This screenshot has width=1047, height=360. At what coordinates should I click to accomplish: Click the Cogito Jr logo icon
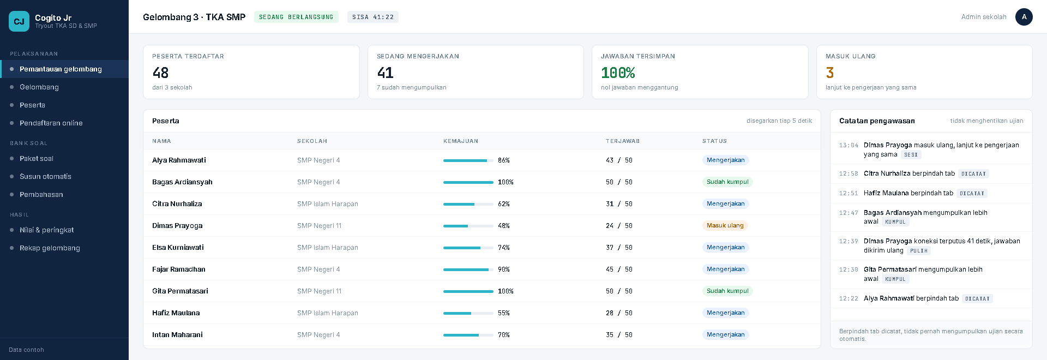19,21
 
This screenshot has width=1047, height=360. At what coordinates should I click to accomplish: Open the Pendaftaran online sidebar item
51,123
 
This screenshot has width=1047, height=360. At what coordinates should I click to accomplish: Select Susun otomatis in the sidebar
45,177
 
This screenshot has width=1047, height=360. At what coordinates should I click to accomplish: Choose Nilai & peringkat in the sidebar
46,230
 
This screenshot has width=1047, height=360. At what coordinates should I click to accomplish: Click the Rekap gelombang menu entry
50,248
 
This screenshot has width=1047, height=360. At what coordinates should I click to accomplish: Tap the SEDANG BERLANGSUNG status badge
296,17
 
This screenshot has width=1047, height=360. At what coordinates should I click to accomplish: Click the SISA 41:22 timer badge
373,17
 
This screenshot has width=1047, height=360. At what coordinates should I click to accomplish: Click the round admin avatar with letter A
1024,17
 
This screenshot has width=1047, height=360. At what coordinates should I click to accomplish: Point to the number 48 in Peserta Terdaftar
160,73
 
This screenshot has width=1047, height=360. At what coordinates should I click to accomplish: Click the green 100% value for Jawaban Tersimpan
618,73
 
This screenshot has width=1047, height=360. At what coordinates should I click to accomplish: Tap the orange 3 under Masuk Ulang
830,73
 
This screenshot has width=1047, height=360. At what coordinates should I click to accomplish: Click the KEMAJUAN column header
461,141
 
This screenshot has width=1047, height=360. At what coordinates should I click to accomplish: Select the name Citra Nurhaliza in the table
177,204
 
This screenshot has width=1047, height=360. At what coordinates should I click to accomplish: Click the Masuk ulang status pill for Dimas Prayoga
725,226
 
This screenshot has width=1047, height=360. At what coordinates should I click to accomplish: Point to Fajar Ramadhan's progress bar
468,269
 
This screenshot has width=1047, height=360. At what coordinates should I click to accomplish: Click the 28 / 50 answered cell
619,313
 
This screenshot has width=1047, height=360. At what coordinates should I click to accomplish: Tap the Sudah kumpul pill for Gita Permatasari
727,291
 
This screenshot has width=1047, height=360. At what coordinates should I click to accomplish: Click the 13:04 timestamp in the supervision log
849,146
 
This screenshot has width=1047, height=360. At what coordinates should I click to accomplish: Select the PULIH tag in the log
919,251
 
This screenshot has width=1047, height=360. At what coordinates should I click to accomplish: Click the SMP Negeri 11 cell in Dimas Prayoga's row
319,226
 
